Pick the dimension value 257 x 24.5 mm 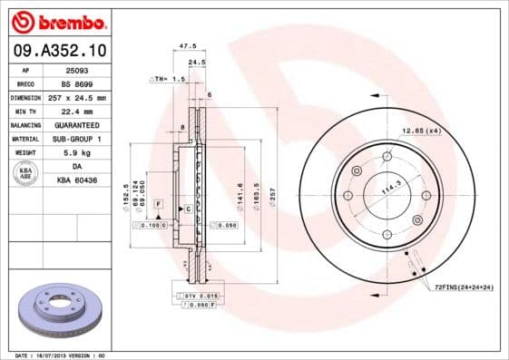(75, 97)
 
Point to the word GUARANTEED (76, 124)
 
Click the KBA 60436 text (76, 180)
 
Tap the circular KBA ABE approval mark (24, 173)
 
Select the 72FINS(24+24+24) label (462, 287)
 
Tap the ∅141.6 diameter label (240, 196)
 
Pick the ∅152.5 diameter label (125, 196)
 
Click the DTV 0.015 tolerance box (198, 296)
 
